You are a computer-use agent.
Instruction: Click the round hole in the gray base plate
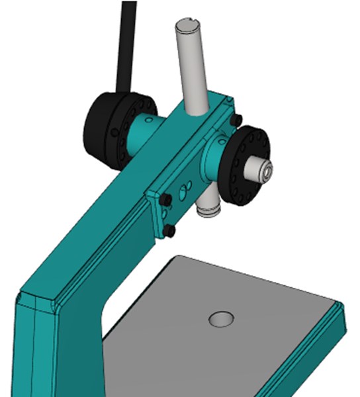pos(221,320)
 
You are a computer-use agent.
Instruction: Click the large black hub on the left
pos(109,129)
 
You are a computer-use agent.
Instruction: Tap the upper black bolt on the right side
pos(236,120)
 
